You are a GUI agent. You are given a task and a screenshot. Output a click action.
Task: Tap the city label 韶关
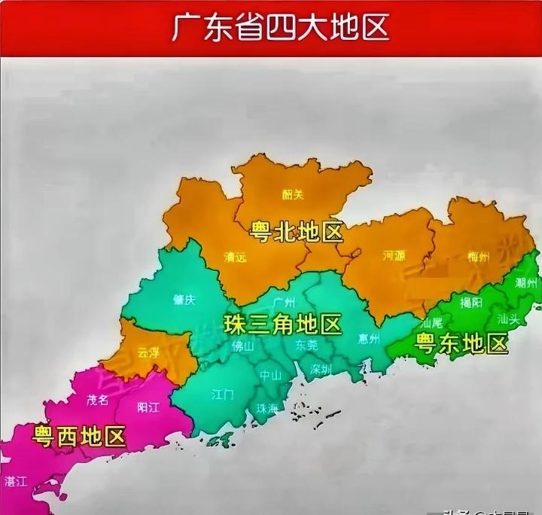point(293,194)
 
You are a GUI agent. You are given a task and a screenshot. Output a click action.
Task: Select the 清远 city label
point(235,257)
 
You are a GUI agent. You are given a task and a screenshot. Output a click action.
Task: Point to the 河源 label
point(394,256)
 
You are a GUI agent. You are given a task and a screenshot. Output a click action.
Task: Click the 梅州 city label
point(477,256)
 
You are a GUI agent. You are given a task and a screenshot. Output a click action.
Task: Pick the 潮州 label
point(526,283)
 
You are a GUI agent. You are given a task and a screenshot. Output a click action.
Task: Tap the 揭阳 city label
point(471,303)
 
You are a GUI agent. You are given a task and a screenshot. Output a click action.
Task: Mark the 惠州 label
point(370,338)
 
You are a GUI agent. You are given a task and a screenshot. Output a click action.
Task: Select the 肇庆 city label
point(184,300)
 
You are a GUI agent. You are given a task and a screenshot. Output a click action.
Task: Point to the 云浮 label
point(148,352)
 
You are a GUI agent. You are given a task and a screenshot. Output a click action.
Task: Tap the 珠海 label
point(266,409)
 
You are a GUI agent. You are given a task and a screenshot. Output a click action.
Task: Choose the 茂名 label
point(98,400)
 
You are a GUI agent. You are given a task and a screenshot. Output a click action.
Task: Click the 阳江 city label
point(148,407)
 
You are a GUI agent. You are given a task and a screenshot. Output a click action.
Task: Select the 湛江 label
point(16,480)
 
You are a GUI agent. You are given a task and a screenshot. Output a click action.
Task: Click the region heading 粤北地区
point(297,231)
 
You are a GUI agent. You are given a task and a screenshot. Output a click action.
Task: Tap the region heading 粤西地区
point(79,435)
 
